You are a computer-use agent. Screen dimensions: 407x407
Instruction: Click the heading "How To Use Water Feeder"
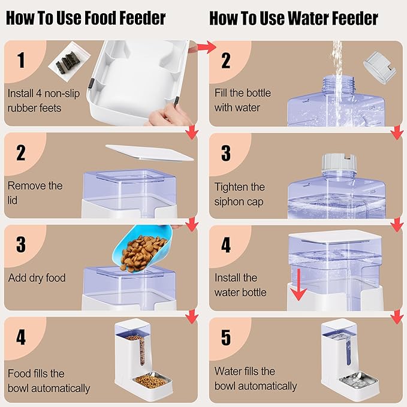click(x=293, y=19)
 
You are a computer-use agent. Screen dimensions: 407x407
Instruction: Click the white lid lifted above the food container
click(x=149, y=151)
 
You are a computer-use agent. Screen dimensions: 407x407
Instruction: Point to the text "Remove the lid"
click(x=35, y=192)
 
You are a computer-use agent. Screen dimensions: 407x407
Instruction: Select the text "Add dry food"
click(x=37, y=278)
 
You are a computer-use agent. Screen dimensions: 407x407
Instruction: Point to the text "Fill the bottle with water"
click(x=243, y=100)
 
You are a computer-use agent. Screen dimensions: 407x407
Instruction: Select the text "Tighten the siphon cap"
click(x=240, y=194)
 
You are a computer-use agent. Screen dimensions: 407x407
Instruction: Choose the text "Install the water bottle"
click(x=240, y=285)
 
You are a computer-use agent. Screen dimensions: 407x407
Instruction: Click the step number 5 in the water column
click(x=226, y=337)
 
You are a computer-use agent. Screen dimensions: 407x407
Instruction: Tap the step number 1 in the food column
click(x=22, y=61)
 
